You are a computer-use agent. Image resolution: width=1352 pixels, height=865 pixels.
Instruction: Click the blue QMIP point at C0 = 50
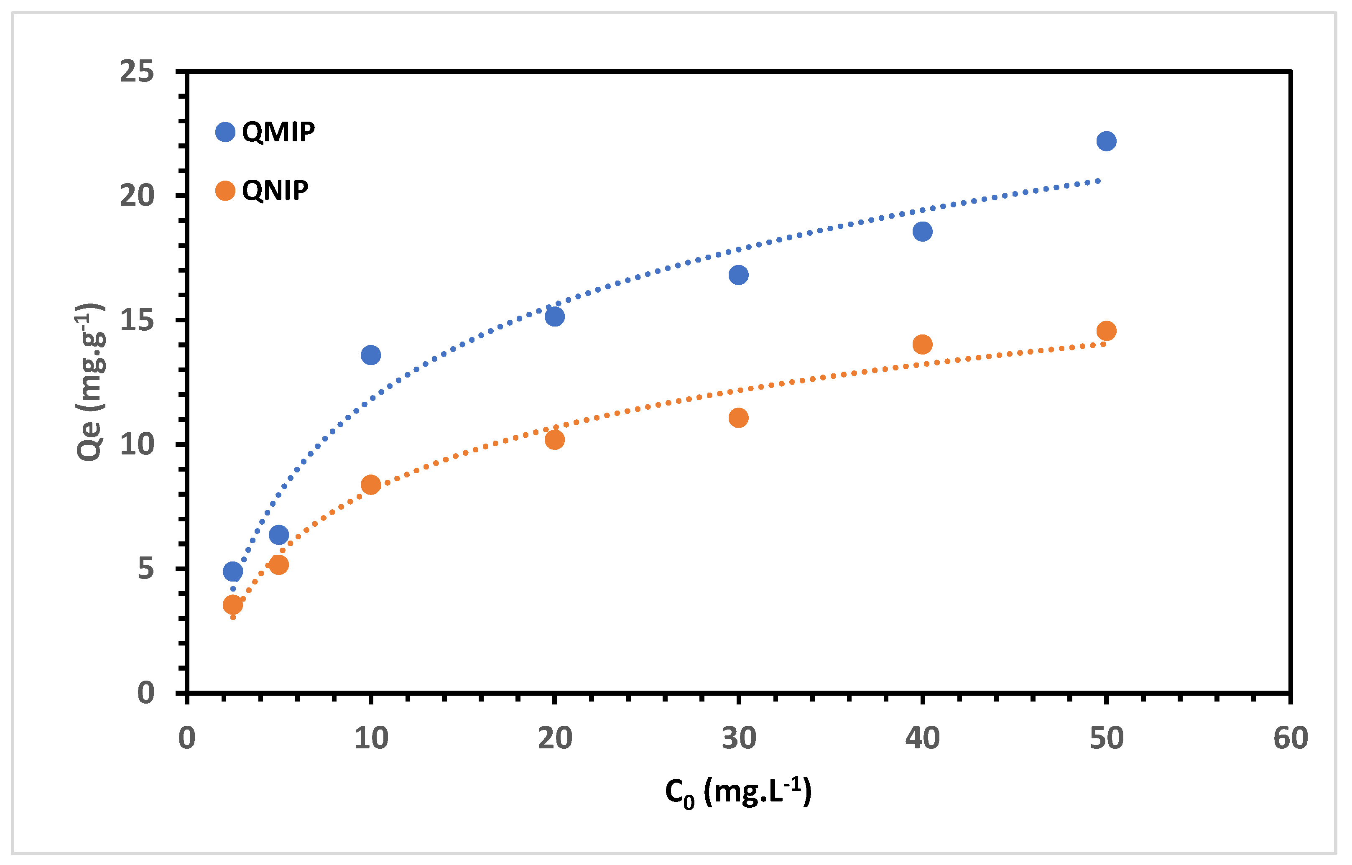pos(1106,141)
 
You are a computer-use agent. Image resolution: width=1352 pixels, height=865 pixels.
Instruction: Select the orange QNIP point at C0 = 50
pos(1106,331)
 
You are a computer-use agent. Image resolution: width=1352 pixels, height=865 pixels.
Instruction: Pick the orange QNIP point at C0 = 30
pos(738,418)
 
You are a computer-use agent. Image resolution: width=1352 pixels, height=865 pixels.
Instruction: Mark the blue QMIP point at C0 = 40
pos(922,232)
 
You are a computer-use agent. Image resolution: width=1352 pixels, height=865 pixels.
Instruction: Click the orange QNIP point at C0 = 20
pos(554,440)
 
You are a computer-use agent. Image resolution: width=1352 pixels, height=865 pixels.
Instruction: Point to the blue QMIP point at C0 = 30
pos(738,275)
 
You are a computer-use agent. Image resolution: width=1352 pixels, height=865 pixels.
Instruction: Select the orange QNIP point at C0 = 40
pos(922,344)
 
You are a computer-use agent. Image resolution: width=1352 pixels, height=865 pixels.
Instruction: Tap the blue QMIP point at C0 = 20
pos(554,317)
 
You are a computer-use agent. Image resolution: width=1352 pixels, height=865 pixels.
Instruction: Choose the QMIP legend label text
pos(278,132)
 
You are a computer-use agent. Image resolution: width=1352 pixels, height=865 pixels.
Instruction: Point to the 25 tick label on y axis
pos(136,72)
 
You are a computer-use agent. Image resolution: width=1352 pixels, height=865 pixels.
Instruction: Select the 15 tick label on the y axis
pos(136,320)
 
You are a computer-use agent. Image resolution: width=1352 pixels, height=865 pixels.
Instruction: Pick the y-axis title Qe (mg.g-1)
pos(90,382)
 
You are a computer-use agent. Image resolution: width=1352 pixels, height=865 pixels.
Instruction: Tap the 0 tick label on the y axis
pos(145,693)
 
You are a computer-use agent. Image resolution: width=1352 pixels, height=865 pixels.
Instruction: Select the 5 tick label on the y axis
pos(145,569)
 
